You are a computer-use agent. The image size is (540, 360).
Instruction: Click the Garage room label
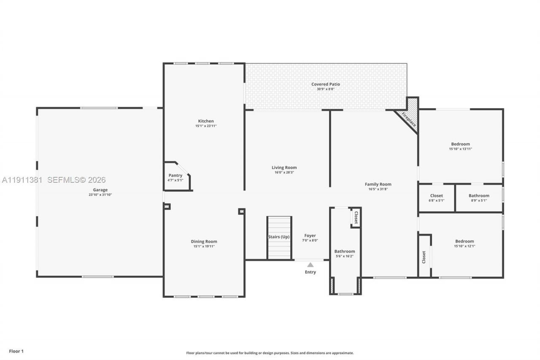[x=100, y=190]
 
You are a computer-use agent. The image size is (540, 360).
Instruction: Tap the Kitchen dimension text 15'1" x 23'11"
[x=206, y=126]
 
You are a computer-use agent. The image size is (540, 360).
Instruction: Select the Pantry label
[x=175, y=176]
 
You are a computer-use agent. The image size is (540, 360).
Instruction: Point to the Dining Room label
[x=204, y=241]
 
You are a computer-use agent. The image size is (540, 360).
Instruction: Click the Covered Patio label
[x=325, y=84]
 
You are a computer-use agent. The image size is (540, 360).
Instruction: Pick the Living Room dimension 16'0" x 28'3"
[x=284, y=173]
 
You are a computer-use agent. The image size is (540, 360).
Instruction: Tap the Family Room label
[x=378, y=184]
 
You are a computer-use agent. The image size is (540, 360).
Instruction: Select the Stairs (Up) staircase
[x=279, y=237]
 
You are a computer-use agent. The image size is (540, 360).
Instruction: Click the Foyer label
[x=310, y=235]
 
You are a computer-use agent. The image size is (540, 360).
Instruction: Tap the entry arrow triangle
[x=310, y=265]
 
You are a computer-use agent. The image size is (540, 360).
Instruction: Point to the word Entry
[x=310, y=272]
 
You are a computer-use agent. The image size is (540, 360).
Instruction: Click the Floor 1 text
[x=16, y=351]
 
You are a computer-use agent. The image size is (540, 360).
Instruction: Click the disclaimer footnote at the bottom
[x=270, y=353]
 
